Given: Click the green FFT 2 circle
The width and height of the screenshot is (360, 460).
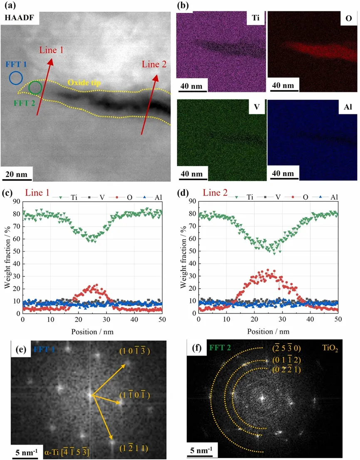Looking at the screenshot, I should pyautogui.click(x=35, y=87).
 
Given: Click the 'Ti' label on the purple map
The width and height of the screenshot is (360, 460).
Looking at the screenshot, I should pyautogui.click(x=255, y=18).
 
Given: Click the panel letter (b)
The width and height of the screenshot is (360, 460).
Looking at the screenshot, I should pyautogui.click(x=183, y=6).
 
